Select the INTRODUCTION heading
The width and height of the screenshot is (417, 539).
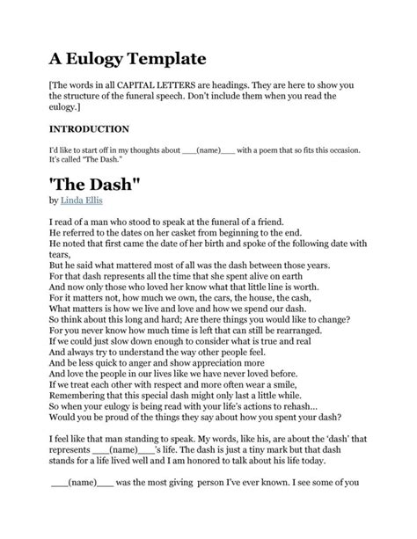(91, 128)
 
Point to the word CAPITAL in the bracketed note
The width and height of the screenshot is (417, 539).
(155, 86)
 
